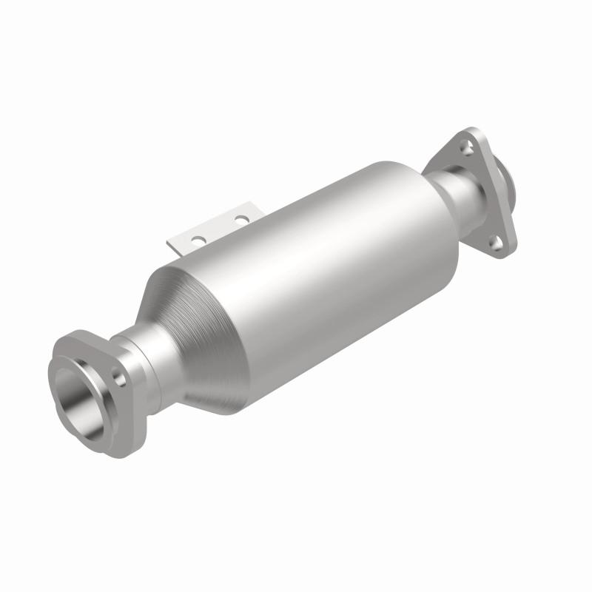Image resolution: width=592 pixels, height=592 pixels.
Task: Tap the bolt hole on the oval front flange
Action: pyautogui.click(x=118, y=378)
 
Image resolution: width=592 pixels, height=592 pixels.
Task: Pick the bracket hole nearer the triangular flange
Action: pyautogui.click(x=240, y=219)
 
